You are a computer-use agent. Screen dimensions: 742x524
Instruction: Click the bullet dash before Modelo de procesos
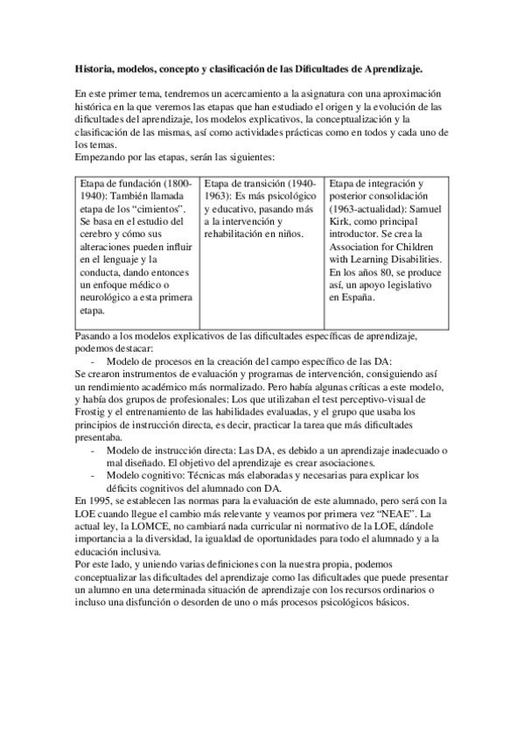click(x=93, y=360)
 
